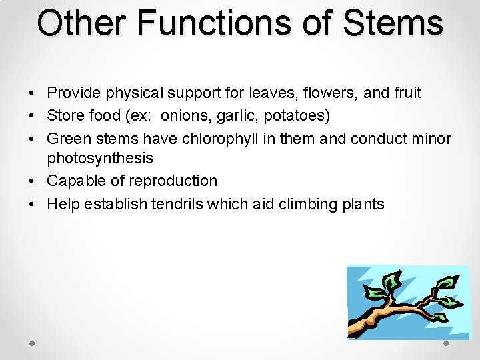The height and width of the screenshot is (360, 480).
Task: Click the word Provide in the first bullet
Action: pyautogui.click(x=71, y=93)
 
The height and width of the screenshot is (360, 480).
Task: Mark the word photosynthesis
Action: pyautogui.click(x=100, y=158)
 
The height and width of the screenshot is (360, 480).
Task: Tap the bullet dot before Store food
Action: pyautogui.click(x=33, y=116)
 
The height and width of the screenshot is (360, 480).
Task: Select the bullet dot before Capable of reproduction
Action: pyautogui.click(x=33, y=181)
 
